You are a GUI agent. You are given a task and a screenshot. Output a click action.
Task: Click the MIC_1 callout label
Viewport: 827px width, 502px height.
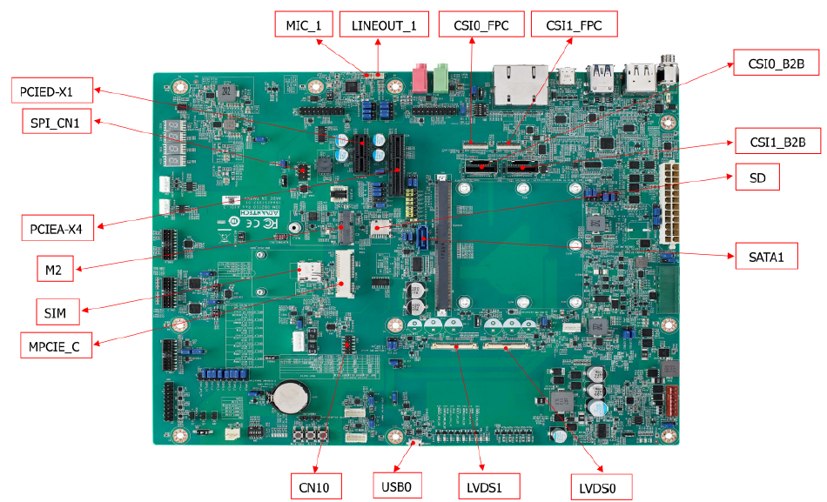pyautogui.click(x=304, y=25)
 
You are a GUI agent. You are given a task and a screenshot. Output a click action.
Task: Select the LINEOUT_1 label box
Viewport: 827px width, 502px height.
pyautogui.click(x=384, y=25)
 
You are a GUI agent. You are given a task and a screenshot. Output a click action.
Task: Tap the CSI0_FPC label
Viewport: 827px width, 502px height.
pyautogui.click(x=481, y=25)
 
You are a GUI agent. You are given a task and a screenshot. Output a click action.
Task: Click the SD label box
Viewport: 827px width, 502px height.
pyautogui.click(x=756, y=177)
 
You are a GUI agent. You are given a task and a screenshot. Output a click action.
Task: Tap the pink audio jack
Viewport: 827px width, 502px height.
pyautogui.click(x=421, y=77)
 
